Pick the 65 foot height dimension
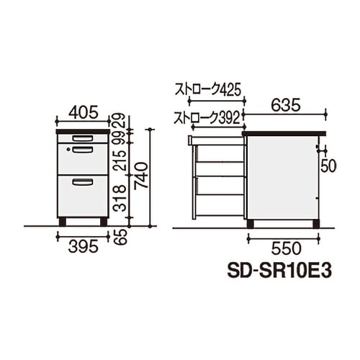[123, 236]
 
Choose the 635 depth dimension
[286, 105]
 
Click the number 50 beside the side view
[328, 166]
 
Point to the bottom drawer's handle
[83, 183]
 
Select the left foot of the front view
[63, 222]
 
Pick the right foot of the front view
[103, 222]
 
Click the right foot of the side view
[316, 224]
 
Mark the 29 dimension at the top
[123, 117]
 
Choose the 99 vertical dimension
[123, 135]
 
